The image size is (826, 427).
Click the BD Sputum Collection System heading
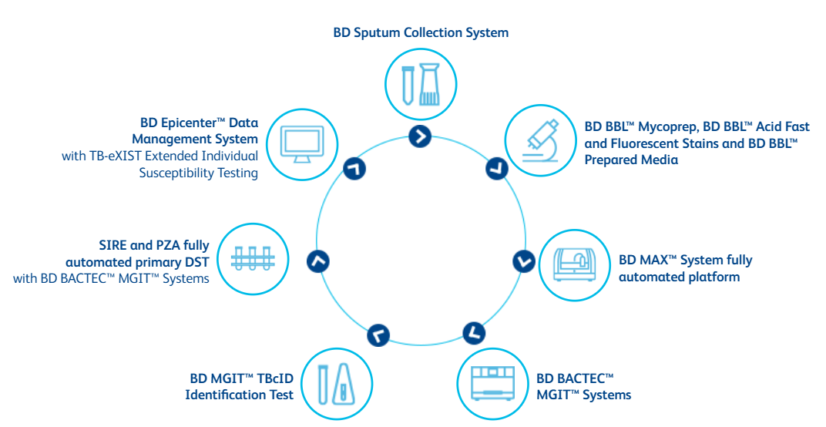(x=421, y=32)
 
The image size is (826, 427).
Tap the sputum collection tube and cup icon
(x=421, y=84)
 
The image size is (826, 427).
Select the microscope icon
(x=540, y=140)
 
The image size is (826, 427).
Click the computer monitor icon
(x=301, y=144)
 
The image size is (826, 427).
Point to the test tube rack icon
(x=252, y=259)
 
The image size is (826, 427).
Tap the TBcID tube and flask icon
(x=336, y=383)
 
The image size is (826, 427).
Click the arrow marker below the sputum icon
(x=421, y=136)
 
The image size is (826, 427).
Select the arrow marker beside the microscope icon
(x=496, y=168)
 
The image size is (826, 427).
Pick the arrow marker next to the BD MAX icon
(x=524, y=261)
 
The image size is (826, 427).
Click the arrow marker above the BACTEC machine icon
(x=474, y=333)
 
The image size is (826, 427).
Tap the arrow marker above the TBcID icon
(x=378, y=335)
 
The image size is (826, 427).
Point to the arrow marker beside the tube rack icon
(x=318, y=261)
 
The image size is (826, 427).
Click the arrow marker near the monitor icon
(x=354, y=169)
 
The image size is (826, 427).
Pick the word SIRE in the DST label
(x=112, y=245)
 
